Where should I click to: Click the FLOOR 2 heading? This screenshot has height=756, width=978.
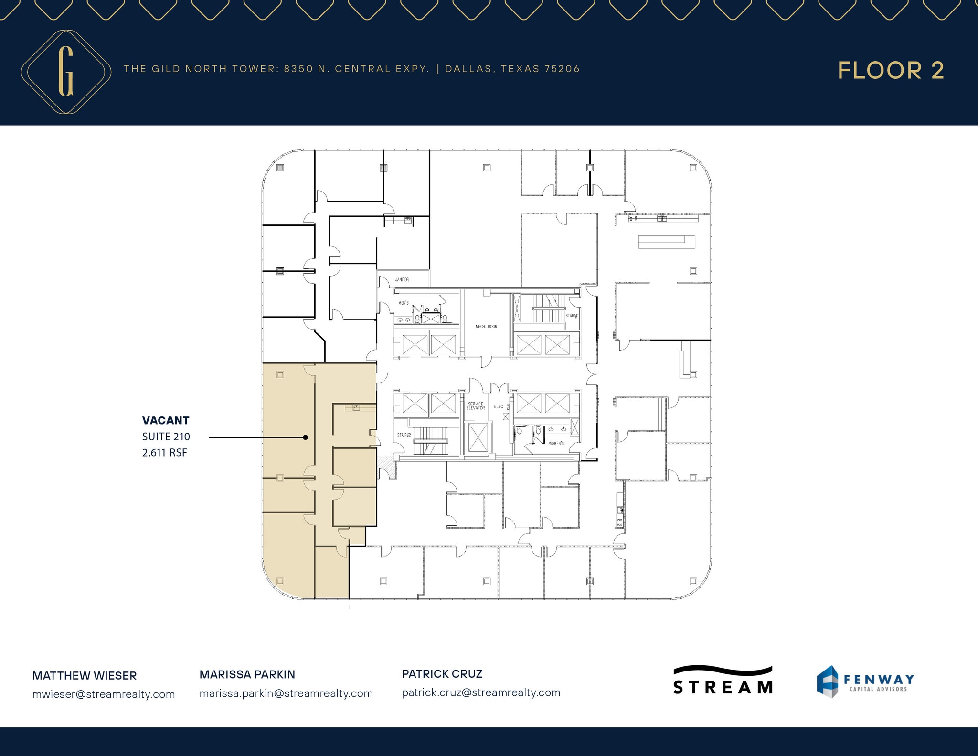[891, 71]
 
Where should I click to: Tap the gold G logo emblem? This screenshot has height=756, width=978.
[66, 72]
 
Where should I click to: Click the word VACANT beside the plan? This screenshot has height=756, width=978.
[166, 421]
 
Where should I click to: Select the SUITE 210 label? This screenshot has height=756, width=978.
[166, 437]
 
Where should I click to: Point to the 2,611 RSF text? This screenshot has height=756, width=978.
[165, 453]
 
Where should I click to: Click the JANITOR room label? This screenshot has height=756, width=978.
[402, 279]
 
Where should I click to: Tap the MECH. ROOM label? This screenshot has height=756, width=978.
[486, 327]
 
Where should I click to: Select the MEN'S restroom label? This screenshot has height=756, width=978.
[404, 303]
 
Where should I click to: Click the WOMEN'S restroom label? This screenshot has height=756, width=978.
[556, 444]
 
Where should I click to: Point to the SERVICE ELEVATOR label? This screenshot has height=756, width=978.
[476, 406]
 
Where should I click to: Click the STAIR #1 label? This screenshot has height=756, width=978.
[572, 316]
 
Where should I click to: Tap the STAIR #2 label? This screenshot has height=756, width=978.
[404, 435]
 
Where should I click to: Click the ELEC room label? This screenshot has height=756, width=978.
[499, 406]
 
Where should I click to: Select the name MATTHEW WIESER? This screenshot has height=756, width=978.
[85, 676]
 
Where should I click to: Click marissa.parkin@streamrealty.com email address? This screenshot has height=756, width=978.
[286, 693]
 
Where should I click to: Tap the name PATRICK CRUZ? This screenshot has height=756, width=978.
[442, 674]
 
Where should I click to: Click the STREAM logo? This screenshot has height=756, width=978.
[723, 680]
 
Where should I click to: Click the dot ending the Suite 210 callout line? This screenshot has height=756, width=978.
[305, 437]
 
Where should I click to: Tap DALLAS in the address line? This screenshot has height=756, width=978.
[468, 69]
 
